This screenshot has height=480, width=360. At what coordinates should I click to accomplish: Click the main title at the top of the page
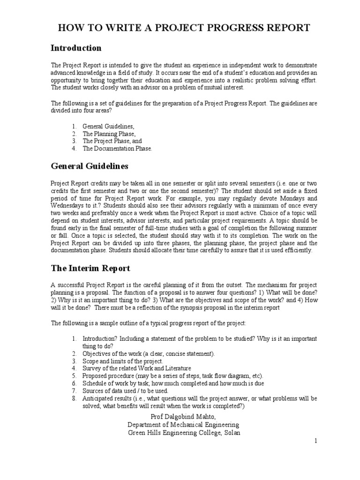pyautogui.click(x=183, y=28)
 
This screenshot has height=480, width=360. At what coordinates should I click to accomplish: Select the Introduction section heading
pyautogui.click(x=76, y=48)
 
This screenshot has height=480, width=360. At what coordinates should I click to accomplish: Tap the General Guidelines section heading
pyautogui.click(x=90, y=166)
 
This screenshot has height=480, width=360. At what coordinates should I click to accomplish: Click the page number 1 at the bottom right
pyautogui.click(x=316, y=441)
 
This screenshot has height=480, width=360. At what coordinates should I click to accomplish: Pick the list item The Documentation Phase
pyautogui.click(x=117, y=148)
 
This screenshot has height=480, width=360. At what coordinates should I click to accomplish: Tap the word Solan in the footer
pyautogui.click(x=230, y=433)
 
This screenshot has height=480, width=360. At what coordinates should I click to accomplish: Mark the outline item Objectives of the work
pyautogui.click(x=149, y=353)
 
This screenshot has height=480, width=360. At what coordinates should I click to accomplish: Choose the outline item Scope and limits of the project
pyautogui.click(x=123, y=361)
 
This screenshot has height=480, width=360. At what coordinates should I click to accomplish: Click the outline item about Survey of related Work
pyautogui.click(x=137, y=368)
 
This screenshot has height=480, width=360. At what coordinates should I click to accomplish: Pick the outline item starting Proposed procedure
pyautogui.click(x=173, y=376)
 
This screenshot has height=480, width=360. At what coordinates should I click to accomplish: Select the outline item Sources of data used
pyautogui.click(x=125, y=390)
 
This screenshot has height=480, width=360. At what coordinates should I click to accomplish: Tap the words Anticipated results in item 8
pyautogui.click(x=105, y=398)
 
